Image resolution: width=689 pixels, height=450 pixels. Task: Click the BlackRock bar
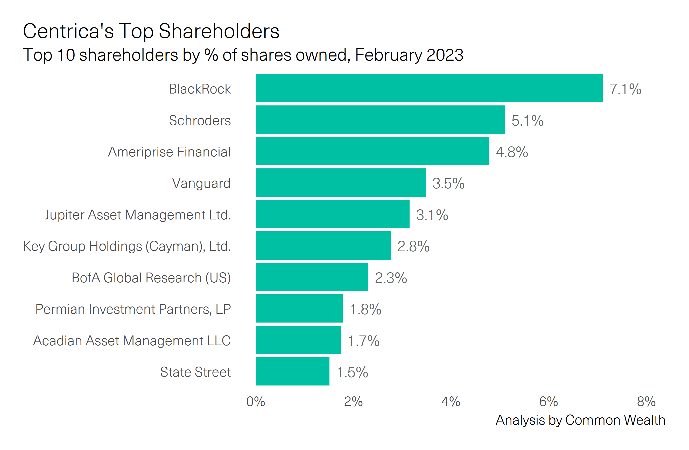coord(429,88)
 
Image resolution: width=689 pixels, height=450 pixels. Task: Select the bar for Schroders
coord(380,120)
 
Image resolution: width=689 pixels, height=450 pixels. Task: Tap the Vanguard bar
coord(341,183)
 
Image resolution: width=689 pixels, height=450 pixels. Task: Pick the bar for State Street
coord(292,372)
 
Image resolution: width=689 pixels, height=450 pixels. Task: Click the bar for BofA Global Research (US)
coord(312,277)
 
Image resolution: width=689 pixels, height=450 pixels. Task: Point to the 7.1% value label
coord(625,89)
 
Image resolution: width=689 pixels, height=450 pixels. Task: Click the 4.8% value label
coord(512,152)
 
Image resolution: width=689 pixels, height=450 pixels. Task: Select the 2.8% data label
coord(413,247)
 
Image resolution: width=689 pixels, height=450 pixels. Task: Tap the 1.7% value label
coord(364,341)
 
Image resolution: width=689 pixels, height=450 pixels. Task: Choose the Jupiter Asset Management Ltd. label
coord(138,215)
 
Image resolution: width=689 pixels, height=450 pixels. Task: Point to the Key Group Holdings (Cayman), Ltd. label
coord(127,247)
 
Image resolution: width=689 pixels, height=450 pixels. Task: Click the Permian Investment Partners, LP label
coord(133,309)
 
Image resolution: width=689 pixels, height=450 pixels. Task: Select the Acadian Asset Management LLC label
coord(132,341)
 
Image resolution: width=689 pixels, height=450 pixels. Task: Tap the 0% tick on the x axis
coord(256,402)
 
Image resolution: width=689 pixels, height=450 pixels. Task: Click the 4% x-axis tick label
coord(451,402)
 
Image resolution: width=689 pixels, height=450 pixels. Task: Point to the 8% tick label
coord(646,402)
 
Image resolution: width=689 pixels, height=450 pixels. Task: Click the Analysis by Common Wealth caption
coord(580,420)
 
